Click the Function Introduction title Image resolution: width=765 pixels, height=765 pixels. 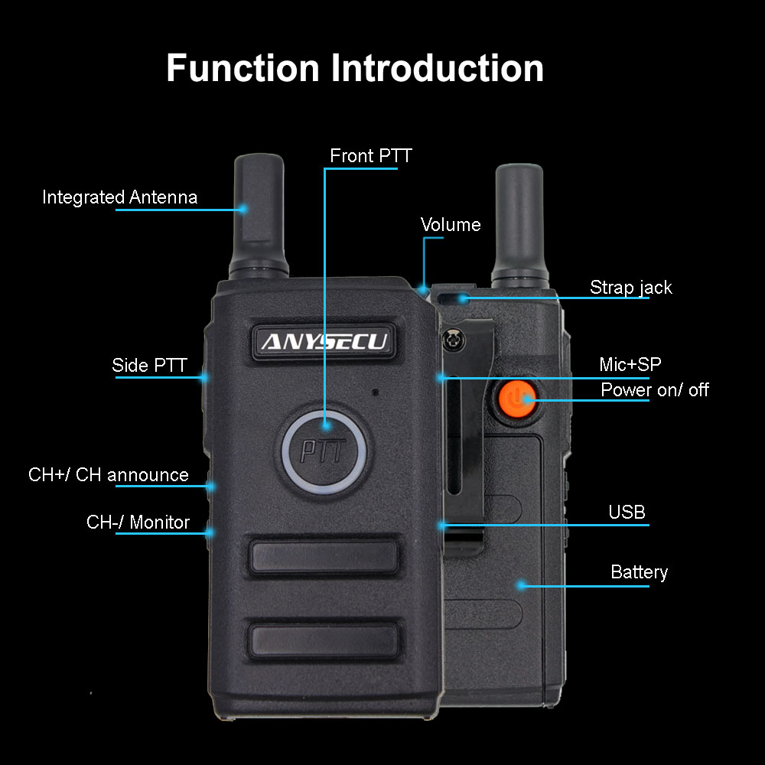355,68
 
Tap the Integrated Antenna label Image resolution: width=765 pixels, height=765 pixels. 120,197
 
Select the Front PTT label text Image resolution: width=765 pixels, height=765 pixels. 371,155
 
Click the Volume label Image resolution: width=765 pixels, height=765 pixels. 451,224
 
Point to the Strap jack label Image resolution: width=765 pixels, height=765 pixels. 631,288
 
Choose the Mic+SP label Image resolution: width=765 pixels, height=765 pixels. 630,364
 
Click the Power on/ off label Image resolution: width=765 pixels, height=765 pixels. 655,390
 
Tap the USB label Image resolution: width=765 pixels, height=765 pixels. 627,512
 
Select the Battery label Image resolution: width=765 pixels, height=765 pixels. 639,571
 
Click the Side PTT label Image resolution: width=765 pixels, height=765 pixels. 149,365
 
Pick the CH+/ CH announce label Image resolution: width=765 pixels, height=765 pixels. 109,475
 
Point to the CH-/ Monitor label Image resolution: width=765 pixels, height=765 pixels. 138,522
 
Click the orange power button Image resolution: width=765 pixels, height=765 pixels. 516,399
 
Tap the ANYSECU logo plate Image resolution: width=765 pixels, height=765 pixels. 324,341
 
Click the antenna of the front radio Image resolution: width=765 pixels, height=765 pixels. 259,216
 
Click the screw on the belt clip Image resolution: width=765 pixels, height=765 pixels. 454,339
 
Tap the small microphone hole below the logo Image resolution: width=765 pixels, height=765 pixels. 375,392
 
